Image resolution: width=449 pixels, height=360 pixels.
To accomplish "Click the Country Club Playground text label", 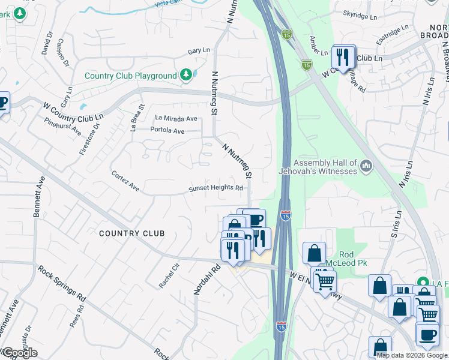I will tap(130, 76).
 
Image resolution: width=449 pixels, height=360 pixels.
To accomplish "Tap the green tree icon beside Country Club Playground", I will tap(187, 75).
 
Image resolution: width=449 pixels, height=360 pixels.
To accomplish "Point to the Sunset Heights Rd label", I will tap(215, 188).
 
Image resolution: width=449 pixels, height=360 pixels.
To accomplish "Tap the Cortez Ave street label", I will tap(125, 181).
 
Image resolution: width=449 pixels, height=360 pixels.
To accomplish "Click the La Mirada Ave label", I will tap(176, 119).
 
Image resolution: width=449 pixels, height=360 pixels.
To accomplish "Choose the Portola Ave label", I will tap(167, 130).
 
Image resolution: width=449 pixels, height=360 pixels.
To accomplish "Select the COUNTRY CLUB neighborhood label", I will tap(131, 233).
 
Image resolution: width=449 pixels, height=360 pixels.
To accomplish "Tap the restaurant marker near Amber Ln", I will tap(342, 58).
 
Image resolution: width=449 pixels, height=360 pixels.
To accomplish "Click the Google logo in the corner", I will tap(19, 353).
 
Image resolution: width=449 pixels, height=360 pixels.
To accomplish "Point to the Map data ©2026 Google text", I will tap(412, 355).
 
